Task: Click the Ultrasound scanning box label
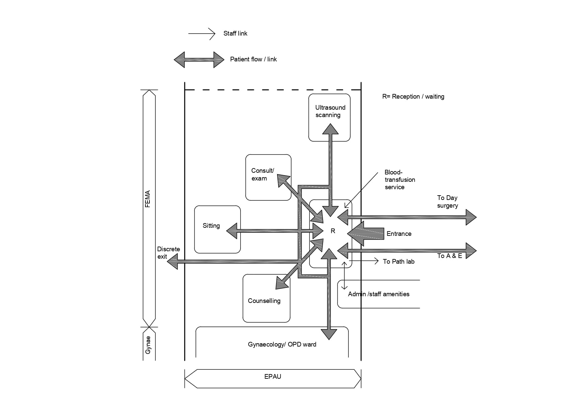pos(330,111)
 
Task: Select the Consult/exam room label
pos(262,174)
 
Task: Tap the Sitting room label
pos(211,226)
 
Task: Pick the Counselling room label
pos(264,301)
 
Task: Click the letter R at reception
pos(333,231)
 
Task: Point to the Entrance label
pos(399,234)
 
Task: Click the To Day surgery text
pos(447,202)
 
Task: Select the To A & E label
pos(449,256)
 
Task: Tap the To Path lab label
pos(398,262)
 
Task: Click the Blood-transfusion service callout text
pos(399,180)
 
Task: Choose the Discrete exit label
pos(168,253)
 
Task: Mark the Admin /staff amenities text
pos(379,294)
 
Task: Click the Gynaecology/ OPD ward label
pos(282,345)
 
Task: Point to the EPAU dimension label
pos(273,377)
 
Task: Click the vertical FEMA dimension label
pos(147,199)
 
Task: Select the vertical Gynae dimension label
pos(148,345)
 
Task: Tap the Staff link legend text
pos(235,34)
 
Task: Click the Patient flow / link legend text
pos(253,59)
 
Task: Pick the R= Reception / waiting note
pos(413,97)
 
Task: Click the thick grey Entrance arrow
pos(367,233)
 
